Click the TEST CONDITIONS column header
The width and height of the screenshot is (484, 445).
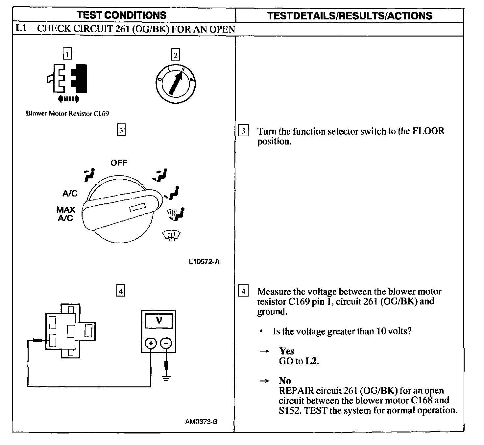coord(121,15)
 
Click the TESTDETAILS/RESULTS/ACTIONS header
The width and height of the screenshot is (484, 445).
coord(350,16)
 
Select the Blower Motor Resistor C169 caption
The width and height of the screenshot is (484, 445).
coord(67,114)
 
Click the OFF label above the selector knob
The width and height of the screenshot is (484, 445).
coord(119,163)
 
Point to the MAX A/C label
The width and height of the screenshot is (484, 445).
coord(65,214)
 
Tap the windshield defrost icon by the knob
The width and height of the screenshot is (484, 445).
coord(172,236)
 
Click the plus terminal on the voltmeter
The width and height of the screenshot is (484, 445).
coord(151,344)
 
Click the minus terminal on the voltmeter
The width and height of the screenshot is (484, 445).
coord(166,344)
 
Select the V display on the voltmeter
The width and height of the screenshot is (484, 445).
coord(159,320)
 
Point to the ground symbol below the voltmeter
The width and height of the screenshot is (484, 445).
coord(166,378)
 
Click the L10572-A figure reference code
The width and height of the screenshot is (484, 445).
coord(204,262)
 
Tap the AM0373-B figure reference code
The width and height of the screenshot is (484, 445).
coord(201,422)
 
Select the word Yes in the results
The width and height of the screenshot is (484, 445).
coord(286,351)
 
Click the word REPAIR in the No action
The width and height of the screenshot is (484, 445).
coord(296,391)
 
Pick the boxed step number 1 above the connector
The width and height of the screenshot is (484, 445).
coord(67,54)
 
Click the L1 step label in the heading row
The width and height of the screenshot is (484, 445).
coord(21,28)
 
